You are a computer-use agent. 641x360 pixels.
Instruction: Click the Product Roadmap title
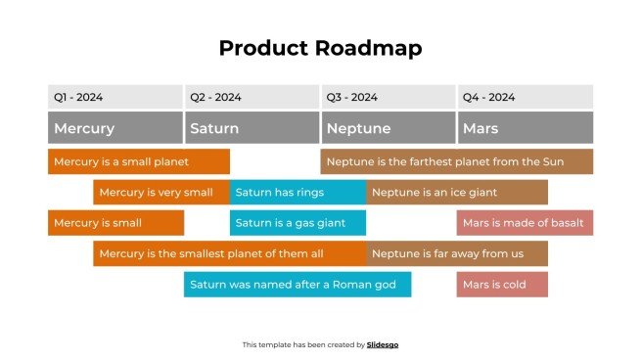pos(320,48)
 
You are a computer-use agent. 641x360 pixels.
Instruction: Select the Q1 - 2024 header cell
pos(114,97)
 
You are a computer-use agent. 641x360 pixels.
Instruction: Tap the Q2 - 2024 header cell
pos(252,97)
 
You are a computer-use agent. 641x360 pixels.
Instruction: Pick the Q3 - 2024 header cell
pos(388,97)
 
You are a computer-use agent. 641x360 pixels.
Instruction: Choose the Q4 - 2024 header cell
pos(525,97)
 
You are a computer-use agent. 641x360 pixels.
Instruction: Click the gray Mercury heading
pos(114,128)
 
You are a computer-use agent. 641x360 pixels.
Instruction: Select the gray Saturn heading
pos(252,128)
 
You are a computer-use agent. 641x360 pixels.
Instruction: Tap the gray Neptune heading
pos(388,128)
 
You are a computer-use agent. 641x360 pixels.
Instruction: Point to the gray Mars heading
pos(525,128)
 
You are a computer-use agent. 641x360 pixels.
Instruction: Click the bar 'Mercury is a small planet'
pos(138,161)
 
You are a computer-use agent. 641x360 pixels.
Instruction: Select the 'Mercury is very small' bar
pos(161,193)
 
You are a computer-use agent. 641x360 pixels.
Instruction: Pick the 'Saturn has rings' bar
pos(298,193)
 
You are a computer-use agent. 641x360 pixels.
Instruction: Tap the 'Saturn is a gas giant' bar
pos(298,223)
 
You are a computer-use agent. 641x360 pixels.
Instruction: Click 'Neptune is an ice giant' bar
pos(457,193)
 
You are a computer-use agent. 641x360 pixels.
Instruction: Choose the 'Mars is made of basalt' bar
pos(525,223)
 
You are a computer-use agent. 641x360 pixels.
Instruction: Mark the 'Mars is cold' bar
pos(502,285)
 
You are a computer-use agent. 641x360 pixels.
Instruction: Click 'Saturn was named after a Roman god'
pos(298,285)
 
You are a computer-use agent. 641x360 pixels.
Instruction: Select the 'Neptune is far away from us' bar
pos(457,253)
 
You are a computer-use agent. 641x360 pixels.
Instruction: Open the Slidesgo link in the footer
pos(383,344)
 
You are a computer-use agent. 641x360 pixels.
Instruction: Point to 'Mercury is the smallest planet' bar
pos(229,253)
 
